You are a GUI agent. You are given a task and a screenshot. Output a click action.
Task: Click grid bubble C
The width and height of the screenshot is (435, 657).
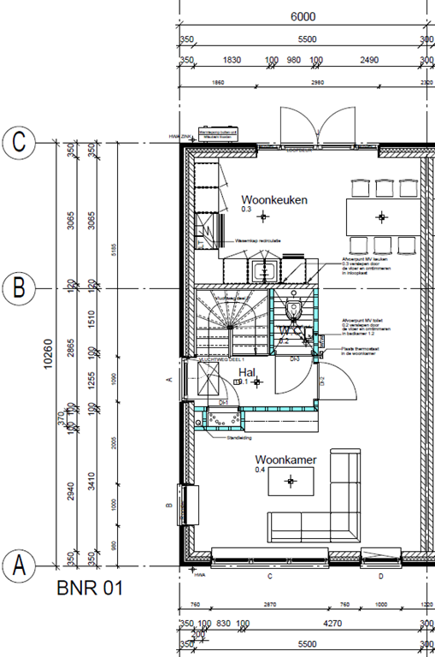pyautogui.click(x=19, y=143)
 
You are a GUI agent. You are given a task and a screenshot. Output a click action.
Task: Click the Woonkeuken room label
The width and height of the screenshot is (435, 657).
pyautogui.click(x=273, y=199)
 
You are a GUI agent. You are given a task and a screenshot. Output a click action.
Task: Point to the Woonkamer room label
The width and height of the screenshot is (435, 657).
pyautogui.click(x=285, y=460)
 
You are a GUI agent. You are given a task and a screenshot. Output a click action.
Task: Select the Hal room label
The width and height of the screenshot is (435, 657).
pyautogui.click(x=248, y=373)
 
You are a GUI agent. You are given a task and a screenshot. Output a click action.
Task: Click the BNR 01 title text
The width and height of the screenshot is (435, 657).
pyautogui.click(x=90, y=589)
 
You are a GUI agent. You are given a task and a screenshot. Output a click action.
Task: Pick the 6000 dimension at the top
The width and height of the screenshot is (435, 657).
pyautogui.click(x=303, y=16)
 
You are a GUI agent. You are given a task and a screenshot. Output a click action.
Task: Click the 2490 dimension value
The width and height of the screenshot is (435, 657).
pyautogui.click(x=369, y=61)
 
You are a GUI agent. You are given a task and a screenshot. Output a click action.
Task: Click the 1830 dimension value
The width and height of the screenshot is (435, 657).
pyautogui.click(x=231, y=61)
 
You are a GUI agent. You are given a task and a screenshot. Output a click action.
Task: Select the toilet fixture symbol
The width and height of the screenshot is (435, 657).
pyautogui.click(x=293, y=307)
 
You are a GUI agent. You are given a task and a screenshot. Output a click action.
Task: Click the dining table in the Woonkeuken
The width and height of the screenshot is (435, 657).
pyautogui.click(x=382, y=211)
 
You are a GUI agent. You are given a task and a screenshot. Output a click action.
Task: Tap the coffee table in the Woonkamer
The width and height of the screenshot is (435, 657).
pyautogui.click(x=291, y=482)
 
